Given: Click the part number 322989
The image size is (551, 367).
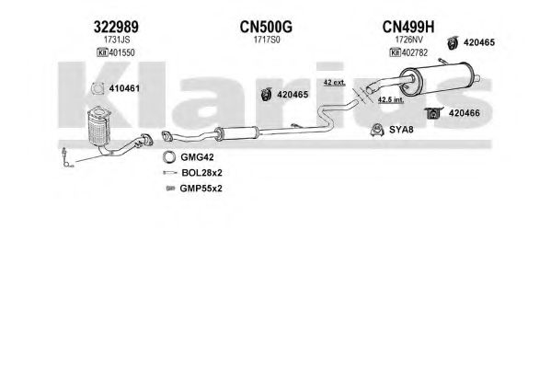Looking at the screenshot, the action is click(x=116, y=27).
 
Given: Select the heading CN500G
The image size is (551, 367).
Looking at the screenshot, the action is click(x=266, y=27).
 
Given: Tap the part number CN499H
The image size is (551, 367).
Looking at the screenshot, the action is click(x=408, y=27).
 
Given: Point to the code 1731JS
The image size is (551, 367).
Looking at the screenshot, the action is click(x=117, y=40).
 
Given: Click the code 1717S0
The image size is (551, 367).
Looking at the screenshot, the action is click(x=267, y=40).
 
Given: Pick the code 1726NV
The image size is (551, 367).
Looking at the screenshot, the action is click(x=409, y=40).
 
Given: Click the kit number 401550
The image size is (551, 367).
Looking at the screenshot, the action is click(x=121, y=52).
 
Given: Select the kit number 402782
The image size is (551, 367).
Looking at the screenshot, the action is click(x=414, y=52).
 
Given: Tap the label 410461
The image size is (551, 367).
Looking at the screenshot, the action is click(x=124, y=88).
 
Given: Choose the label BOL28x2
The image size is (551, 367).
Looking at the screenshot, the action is click(x=201, y=173).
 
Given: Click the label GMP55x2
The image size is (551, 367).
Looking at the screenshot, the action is click(x=201, y=189).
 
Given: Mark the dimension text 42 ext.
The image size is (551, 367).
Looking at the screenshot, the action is click(x=335, y=83).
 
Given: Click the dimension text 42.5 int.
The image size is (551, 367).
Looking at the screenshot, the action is click(x=391, y=100).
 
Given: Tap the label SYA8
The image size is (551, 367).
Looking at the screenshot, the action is click(x=401, y=130).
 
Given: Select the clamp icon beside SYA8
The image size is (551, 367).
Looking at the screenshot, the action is click(x=377, y=130).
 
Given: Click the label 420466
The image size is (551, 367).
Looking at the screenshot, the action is click(x=465, y=113).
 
